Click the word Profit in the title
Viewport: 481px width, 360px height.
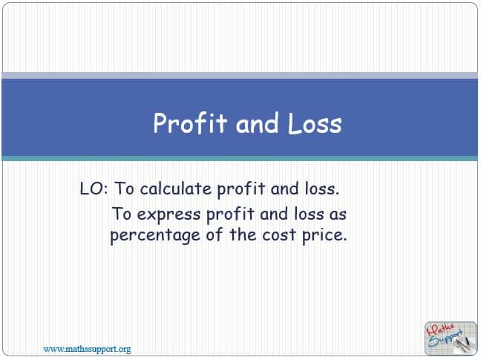pos(190,123)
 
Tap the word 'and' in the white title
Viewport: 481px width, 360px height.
pos(258,122)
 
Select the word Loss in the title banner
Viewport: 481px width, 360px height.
pos(315,123)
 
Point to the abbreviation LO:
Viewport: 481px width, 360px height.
pos(94,189)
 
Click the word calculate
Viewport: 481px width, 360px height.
pos(176,189)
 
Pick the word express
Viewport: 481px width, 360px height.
pos(168,215)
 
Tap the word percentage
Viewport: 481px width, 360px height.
pos(155,235)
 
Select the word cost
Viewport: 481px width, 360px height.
pos(279,235)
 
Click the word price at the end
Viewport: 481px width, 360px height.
pos(324,235)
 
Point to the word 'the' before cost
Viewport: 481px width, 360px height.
pos(243,235)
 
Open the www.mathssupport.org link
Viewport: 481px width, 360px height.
pos(87,350)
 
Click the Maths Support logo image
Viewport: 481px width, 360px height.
pos(451,338)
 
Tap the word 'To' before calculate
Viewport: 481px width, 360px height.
pos(124,189)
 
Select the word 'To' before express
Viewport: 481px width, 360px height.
pos(122,214)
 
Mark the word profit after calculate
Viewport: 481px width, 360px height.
pos(240,189)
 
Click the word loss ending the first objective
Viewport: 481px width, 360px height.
pos(322,189)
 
